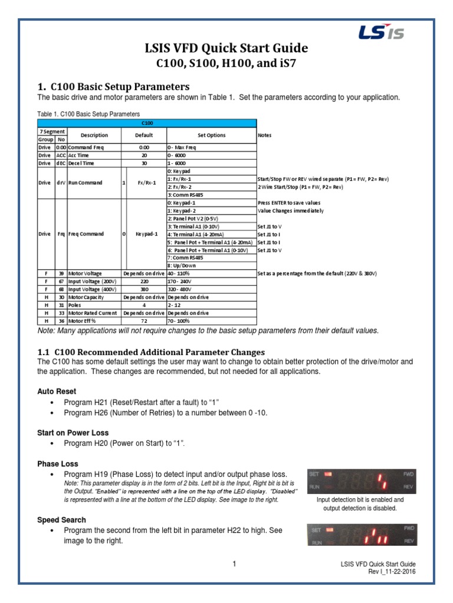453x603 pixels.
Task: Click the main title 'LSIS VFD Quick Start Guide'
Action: coord(226,48)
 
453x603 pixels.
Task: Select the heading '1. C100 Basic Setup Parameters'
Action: coord(113,87)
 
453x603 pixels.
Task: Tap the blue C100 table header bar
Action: coord(147,123)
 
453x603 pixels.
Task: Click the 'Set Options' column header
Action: coord(211,135)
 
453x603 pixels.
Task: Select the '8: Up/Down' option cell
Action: coord(182,265)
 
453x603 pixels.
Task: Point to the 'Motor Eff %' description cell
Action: coord(82,320)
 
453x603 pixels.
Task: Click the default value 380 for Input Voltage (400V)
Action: coord(144,289)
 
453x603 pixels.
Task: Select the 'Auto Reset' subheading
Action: coord(57,391)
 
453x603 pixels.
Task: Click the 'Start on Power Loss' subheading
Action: coord(73,433)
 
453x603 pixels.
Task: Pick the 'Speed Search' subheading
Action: coord(61,520)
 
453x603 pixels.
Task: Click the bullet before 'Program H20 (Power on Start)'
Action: coord(53,443)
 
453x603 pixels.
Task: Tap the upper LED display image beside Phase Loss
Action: coord(362,481)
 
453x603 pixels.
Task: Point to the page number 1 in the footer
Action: coord(234,564)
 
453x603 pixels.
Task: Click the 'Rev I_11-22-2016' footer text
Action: coord(392,572)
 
